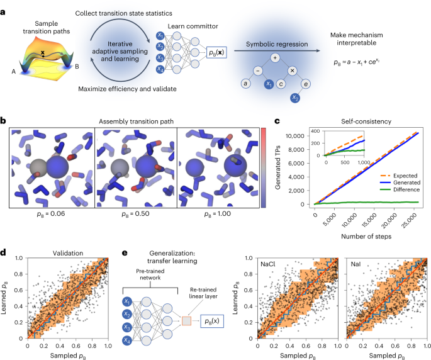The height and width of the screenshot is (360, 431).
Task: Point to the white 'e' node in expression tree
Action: [x=305, y=83]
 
